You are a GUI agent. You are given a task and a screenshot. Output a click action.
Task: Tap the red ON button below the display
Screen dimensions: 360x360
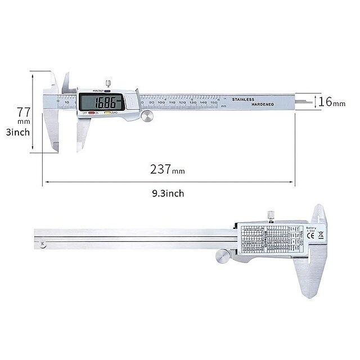tap(90, 113)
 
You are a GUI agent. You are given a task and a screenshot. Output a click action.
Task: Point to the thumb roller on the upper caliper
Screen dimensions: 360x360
tap(148, 116)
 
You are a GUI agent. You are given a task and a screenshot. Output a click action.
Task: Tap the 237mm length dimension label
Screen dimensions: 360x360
tap(166, 168)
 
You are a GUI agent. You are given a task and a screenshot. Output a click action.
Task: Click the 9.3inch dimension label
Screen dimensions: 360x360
tap(167, 193)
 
